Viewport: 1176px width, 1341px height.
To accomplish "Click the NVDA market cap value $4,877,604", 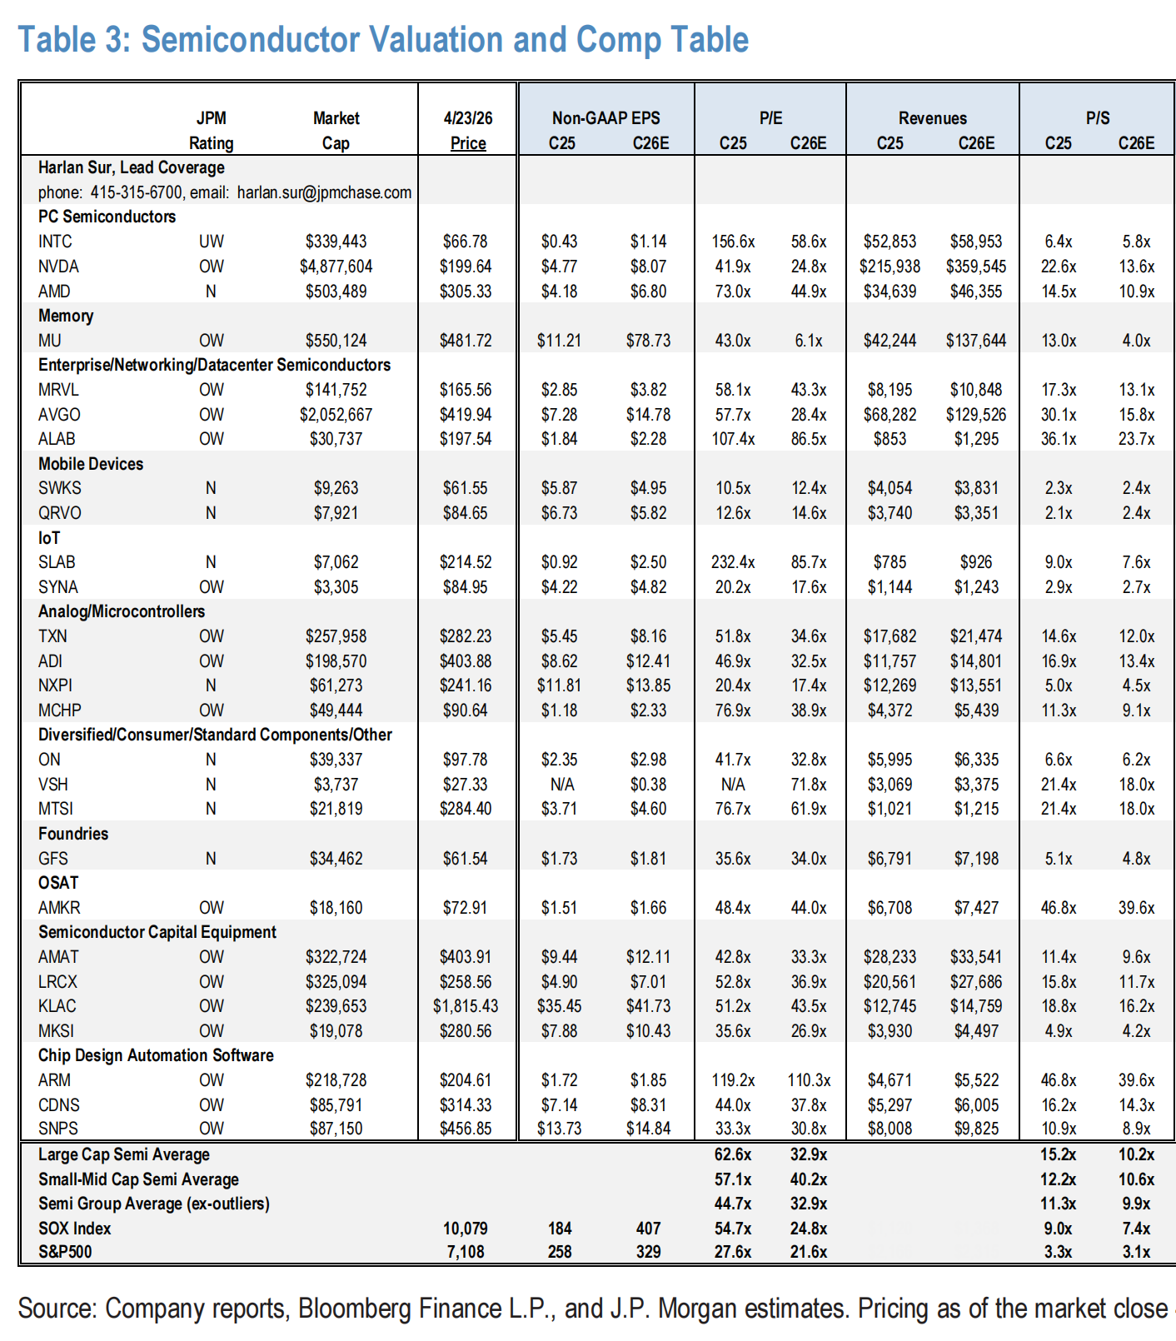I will [x=336, y=267].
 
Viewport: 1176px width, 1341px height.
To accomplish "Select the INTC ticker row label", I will [x=55, y=242].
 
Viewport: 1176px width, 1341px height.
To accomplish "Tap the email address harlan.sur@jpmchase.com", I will [x=324, y=192].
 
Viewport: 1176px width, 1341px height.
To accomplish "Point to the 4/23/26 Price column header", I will [x=467, y=131].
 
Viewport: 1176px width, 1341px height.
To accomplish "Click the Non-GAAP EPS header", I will [x=605, y=118].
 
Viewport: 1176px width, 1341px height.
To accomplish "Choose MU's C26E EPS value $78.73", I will [x=648, y=341].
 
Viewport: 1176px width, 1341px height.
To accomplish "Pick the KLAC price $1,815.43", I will [x=466, y=1006].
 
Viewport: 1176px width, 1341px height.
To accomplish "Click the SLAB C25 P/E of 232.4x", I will [x=733, y=562].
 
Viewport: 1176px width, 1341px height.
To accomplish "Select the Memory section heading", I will [x=66, y=316].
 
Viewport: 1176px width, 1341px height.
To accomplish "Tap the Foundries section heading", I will [x=73, y=834].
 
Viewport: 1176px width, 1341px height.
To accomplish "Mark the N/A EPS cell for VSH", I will [x=559, y=785].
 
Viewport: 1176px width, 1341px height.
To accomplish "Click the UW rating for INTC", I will [x=211, y=242].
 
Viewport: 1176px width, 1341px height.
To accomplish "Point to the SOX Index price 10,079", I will [x=466, y=1229].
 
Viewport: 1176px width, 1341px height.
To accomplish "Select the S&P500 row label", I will [x=65, y=1252].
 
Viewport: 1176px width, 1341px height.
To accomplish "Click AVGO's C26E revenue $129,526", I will [x=975, y=414].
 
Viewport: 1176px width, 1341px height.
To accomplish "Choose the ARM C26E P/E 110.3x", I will [x=809, y=1080].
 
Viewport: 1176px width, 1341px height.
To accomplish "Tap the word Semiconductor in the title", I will [x=250, y=39].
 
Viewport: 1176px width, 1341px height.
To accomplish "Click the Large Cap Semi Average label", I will [x=123, y=1154].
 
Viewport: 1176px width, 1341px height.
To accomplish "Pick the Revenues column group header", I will [x=932, y=118].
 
